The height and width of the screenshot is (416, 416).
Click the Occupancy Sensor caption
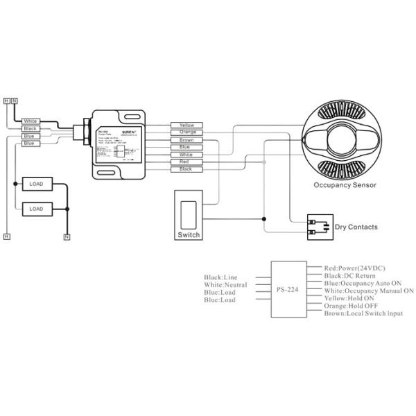(345, 185)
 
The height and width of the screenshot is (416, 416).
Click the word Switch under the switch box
(188, 235)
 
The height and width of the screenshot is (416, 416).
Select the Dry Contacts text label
(356, 227)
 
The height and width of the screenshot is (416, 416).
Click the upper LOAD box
(36, 184)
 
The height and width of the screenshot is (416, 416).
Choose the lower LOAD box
(36, 208)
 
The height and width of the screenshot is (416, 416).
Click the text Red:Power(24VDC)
(354, 267)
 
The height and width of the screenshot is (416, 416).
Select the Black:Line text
(221, 277)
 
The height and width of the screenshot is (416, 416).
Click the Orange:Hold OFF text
(352, 306)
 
